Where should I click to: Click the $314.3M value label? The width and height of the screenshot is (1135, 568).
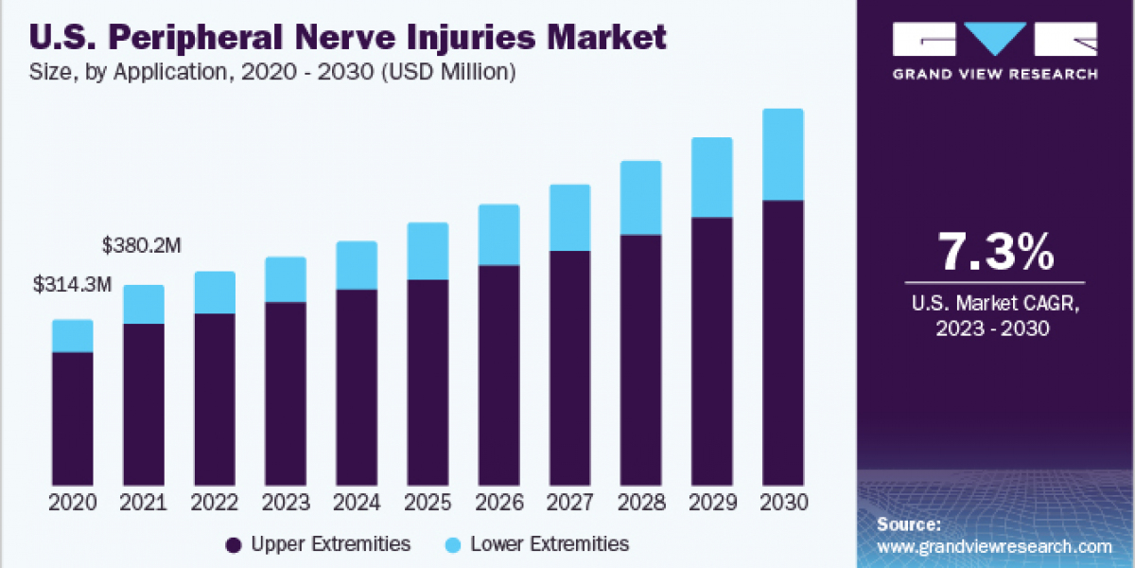coord(73,283)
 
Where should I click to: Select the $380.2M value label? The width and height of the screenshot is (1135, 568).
coord(142,246)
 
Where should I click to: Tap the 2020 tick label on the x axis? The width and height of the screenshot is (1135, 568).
coord(73,503)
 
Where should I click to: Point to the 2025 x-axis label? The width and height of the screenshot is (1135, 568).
coord(428,503)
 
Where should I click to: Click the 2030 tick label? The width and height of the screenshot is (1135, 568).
coord(782,503)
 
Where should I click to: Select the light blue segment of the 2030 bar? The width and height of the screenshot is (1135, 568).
coord(782,154)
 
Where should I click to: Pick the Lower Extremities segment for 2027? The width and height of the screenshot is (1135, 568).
coord(569,218)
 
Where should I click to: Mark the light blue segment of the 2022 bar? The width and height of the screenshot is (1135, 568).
coord(215,293)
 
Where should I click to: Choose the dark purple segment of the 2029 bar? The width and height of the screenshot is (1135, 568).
coord(711,350)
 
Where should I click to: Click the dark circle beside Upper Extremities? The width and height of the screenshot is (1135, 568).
coord(233,544)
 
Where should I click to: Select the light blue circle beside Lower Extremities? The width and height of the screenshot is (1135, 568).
coord(452,544)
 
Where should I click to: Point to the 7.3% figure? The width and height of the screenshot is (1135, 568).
coord(995,253)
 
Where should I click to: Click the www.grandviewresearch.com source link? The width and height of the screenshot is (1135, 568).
coord(994,546)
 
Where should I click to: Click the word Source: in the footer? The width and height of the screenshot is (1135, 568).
coord(908,524)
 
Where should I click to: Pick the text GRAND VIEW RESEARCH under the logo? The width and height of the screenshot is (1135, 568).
coord(995,74)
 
